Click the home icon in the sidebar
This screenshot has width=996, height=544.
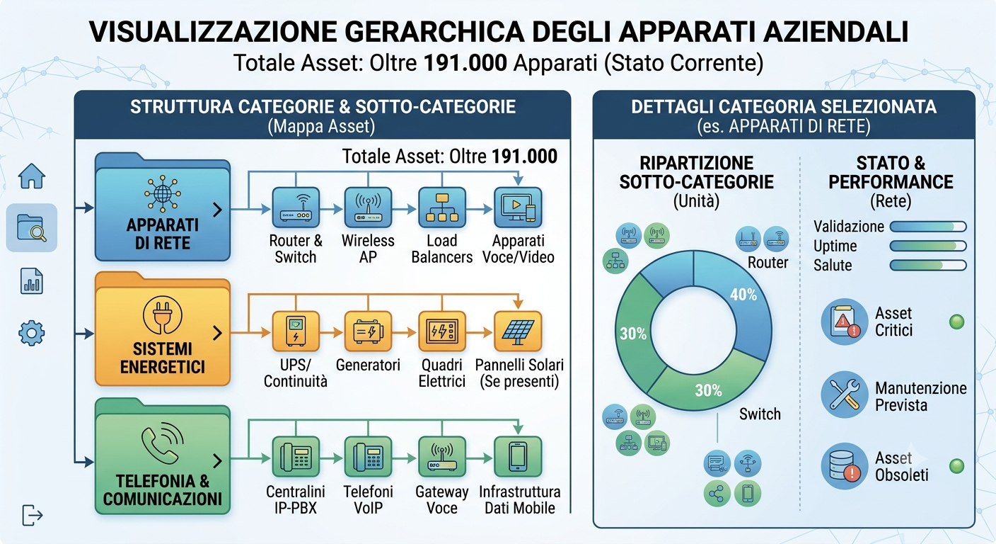click(32, 176)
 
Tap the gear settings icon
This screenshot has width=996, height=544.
click(32, 333)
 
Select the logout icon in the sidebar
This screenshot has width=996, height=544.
click(33, 515)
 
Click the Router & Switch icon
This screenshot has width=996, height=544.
click(296, 208)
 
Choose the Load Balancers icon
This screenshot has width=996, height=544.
click(442, 208)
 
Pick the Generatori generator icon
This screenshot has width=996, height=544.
click(368, 331)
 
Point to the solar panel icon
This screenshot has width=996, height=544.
click(518, 331)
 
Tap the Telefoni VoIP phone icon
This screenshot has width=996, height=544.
click(368, 457)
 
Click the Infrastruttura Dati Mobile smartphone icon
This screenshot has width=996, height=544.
click(518, 457)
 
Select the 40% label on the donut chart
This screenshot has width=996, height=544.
click(743, 294)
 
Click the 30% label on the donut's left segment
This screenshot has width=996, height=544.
click(633, 334)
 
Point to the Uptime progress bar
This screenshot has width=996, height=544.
click(928, 246)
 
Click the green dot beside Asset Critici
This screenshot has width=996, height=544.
click(956, 322)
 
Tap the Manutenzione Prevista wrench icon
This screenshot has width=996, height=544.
click(845, 395)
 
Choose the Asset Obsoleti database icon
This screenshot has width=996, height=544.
click(845, 466)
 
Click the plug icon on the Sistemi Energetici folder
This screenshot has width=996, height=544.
click(162, 315)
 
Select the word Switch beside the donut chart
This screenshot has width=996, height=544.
click(760, 414)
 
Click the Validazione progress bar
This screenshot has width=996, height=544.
click(928, 227)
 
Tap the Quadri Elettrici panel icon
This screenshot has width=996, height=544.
click(442, 331)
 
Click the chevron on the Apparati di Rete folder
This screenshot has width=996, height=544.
click(217, 210)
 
